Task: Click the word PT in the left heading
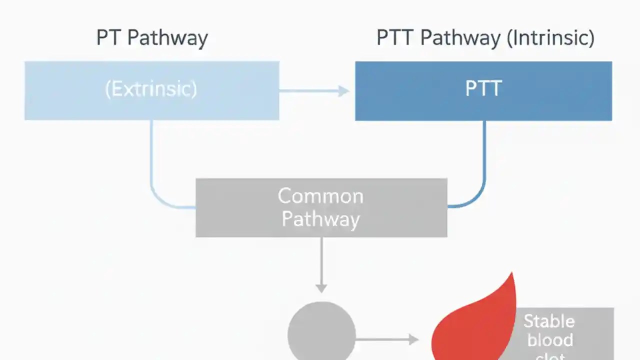[108, 38]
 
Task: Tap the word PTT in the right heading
[394, 38]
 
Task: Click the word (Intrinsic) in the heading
[550, 38]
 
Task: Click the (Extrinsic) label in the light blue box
[151, 89]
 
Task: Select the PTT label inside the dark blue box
[483, 89]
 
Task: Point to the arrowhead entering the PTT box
[344, 90]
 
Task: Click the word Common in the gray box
[320, 196]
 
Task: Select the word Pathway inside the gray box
[320, 219]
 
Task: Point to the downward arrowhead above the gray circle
[321, 287]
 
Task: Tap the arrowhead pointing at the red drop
[413, 339]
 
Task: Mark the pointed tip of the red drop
[512, 274]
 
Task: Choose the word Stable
[549, 321]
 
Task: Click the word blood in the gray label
[550, 340]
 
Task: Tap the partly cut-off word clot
[550, 356]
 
